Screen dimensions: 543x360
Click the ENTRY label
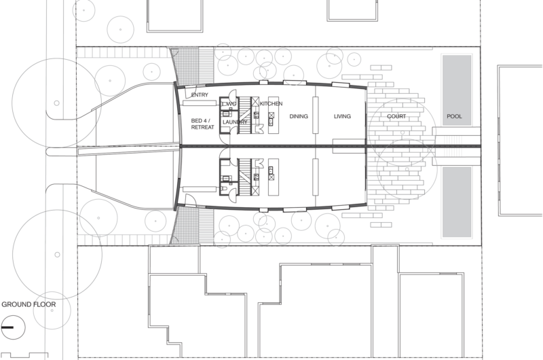coord(200,95)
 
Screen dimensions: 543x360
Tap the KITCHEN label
coord(271,104)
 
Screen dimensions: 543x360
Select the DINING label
coord(299,116)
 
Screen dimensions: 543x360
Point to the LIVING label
coord(343,116)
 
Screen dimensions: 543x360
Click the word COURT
coord(396,116)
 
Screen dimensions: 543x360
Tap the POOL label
coord(454,116)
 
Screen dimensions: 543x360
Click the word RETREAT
coord(202,127)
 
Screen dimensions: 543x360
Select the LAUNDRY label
coord(235,122)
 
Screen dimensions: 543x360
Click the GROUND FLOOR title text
coord(29,304)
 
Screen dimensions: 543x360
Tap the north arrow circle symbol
coord(13,327)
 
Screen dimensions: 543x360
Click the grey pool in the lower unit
coord(457,202)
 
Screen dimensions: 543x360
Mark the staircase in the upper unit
coord(245,115)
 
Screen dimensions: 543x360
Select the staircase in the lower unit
coord(245,177)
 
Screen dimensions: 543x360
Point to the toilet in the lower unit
coord(223,189)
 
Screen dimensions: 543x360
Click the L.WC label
coord(229,104)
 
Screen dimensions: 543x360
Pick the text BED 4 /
coord(201,121)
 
